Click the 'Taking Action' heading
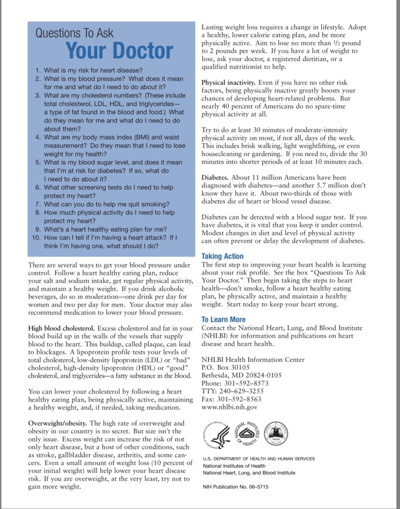[x=222, y=256]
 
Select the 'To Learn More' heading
[x=223, y=319]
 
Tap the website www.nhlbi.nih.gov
[x=229, y=407]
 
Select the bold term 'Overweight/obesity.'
[x=57, y=423]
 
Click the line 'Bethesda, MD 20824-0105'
[x=241, y=375]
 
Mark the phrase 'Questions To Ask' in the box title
[x=74, y=34]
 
